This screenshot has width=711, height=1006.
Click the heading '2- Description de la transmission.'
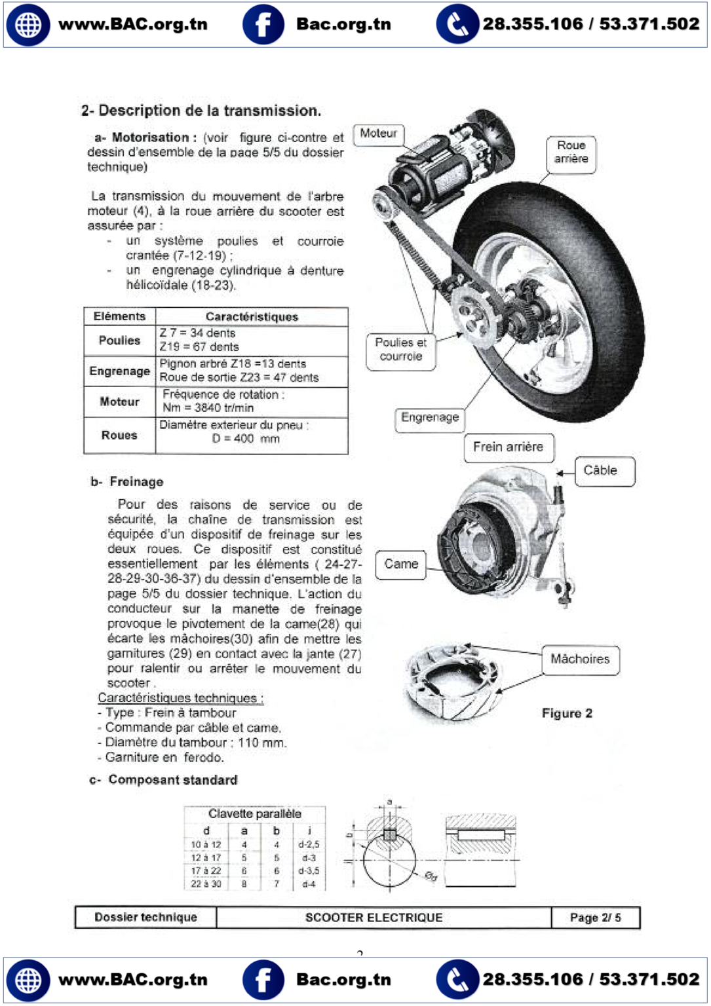coord(201,111)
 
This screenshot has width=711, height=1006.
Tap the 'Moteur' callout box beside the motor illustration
coord(378,134)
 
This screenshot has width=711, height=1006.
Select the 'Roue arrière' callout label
coord(571,152)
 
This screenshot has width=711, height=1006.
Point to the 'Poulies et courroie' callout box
coord(400,350)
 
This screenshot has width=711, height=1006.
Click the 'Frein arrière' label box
coord(508,447)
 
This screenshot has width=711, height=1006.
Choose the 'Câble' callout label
coord(600,470)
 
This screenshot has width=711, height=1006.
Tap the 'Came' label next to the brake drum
coord(400,564)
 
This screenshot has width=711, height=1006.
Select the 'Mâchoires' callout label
coord(579,659)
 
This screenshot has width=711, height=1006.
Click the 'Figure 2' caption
coord(567,713)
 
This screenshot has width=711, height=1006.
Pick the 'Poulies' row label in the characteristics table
coord(119,341)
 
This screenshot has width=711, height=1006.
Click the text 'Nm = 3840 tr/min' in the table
coord(208,408)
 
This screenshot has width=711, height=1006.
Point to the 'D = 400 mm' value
coord(246,439)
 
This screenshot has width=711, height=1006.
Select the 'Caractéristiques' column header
coord(252,317)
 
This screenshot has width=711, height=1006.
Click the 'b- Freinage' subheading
coord(127,482)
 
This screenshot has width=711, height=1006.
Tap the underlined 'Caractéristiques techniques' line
coord(180,698)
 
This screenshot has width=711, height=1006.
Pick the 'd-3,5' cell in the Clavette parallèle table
coord(309,871)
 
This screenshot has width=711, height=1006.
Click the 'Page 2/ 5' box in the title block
coord(595,918)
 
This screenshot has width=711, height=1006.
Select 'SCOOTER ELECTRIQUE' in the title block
coord(374,918)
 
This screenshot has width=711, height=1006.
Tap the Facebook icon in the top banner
coord(263,24)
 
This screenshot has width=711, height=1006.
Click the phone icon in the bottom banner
coord(457,980)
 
